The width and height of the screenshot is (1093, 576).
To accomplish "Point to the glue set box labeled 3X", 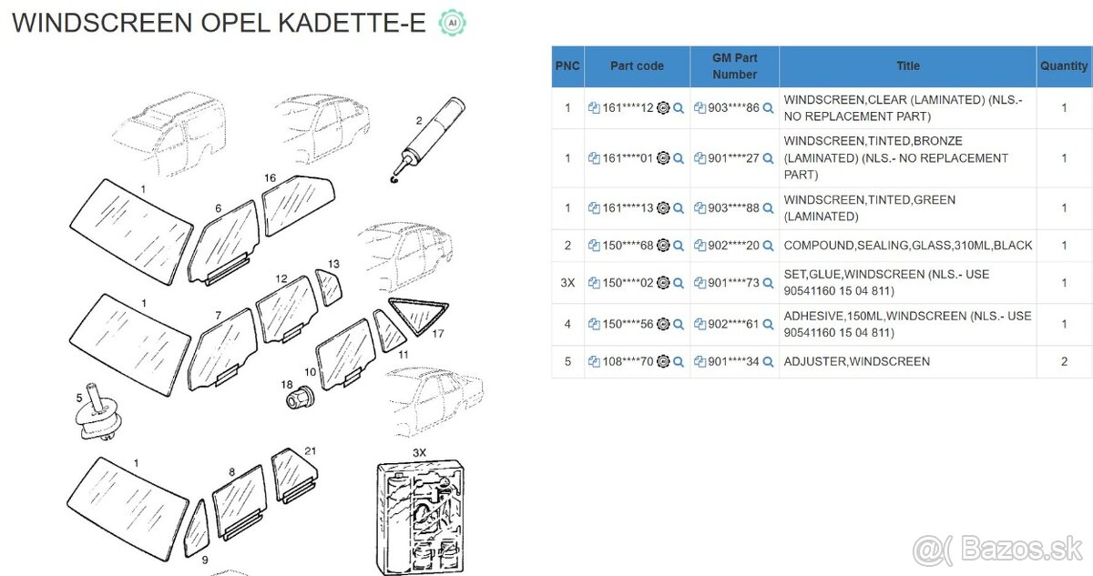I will pos(420,513).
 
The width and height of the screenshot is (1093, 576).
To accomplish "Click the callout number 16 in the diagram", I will pos(270,177).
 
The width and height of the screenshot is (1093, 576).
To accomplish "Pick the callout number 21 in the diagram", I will pos(311,451).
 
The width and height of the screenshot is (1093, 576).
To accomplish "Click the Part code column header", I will pos(637,66).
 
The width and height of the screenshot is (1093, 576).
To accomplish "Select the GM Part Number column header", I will pos(734,66).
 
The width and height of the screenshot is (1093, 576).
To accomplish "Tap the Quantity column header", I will pos(1064,66).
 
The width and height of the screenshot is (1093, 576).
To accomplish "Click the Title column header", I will pos(907,66).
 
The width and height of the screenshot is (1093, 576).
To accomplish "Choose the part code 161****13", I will pos(628,208).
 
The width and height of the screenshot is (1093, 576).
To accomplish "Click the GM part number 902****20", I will pos(733,246).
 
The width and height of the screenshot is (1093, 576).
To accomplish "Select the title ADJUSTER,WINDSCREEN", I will pos(856,361).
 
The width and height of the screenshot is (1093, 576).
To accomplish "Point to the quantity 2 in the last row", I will pos(1064,361).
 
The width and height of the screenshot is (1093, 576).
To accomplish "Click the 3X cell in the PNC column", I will pos(567,283).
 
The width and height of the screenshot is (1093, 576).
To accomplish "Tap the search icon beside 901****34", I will pos(768,362).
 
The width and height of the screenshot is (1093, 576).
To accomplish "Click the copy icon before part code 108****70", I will pos(594,362).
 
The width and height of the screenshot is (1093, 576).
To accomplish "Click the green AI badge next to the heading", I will pos(449,23).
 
